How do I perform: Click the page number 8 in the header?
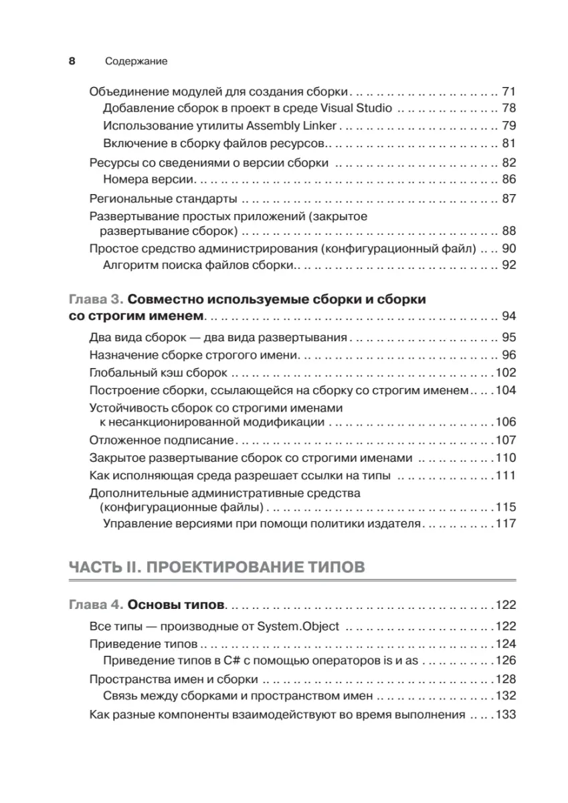pyautogui.click(x=72, y=61)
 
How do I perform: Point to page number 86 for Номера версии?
pyautogui.click(x=508, y=179)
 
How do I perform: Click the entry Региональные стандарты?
pyautogui.click(x=163, y=199)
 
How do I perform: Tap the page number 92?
pyautogui.click(x=508, y=266)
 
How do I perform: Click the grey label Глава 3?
pyautogui.click(x=95, y=299)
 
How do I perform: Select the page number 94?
pyautogui.click(x=508, y=317)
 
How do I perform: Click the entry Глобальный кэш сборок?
pyautogui.click(x=159, y=372)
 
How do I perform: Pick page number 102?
pyautogui.click(x=505, y=372)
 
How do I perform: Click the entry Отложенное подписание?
pyautogui.click(x=161, y=440)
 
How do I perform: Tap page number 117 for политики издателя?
pyautogui.click(x=505, y=523)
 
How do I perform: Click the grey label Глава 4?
pyautogui.click(x=95, y=606)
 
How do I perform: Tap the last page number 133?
pyautogui.click(x=505, y=714)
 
